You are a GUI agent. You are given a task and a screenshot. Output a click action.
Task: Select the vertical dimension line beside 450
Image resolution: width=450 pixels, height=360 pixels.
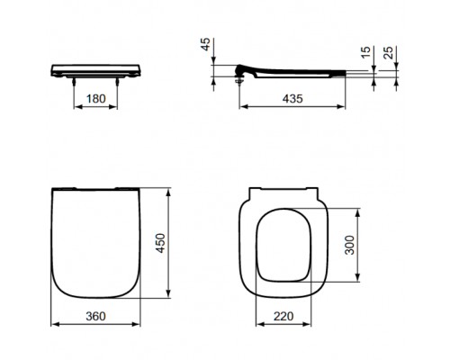pyautogui.click(x=171, y=243)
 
